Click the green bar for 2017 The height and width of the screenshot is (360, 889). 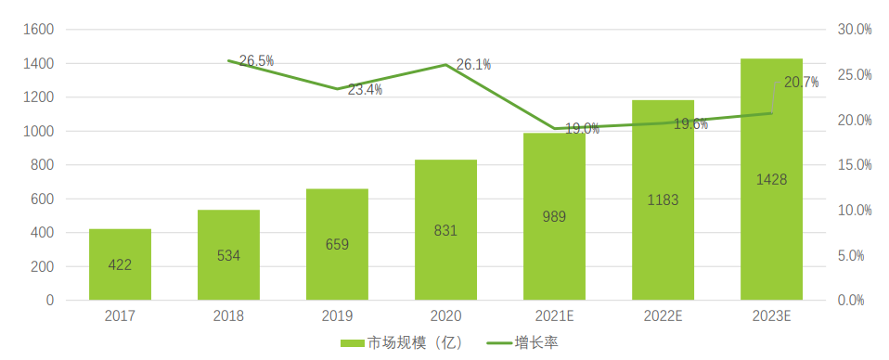[x=120, y=264]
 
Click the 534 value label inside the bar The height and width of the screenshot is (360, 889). [x=228, y=255]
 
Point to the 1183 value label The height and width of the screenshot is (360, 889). [x=663, y=199]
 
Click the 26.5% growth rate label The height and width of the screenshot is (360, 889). [x=256, y=61]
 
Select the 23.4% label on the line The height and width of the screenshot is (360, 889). [x=365, y=90]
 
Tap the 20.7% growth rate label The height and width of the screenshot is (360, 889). [x=801, y=83]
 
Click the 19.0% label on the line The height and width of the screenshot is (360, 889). [x=582, y=129]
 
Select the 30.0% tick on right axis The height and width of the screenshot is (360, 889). [x=855, y=30]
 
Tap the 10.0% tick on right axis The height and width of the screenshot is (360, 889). [x=855, y=211]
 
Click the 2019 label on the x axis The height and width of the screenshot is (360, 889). [x=337, y=316]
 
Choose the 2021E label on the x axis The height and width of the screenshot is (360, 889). [x=554, y=316]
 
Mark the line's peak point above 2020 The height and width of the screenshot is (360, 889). [x=445, y=65]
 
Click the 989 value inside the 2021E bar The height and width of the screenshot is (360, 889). [x=554, y=216]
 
